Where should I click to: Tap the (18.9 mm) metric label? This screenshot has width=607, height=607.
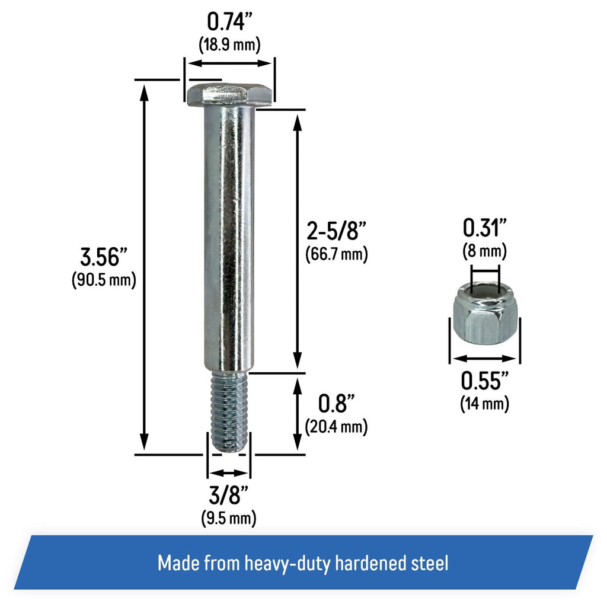229,44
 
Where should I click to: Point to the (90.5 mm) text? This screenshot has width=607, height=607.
104,280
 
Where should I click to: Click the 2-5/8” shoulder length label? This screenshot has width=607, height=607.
336,231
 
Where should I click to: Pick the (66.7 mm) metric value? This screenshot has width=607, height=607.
337,254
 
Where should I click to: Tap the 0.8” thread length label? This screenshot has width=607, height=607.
337,403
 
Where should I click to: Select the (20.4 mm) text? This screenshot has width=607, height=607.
336,427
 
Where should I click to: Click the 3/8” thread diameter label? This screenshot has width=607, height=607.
228,495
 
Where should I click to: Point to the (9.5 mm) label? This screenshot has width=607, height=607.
229,517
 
